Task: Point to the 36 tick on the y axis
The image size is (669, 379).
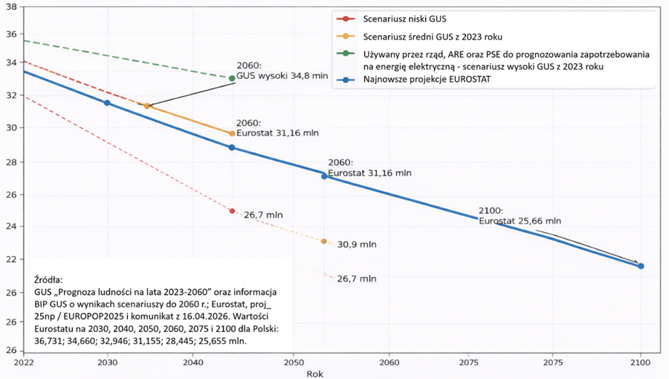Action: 10,34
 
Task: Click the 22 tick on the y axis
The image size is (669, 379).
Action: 10,259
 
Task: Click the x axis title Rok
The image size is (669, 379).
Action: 314,374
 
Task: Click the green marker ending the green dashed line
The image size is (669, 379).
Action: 232,78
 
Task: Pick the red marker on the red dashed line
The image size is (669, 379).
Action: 232,211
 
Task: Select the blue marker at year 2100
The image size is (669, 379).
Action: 641,266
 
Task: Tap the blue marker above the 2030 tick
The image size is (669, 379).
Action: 107,103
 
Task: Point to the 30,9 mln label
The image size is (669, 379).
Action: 357,244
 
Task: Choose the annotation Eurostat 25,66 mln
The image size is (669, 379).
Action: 520,221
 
